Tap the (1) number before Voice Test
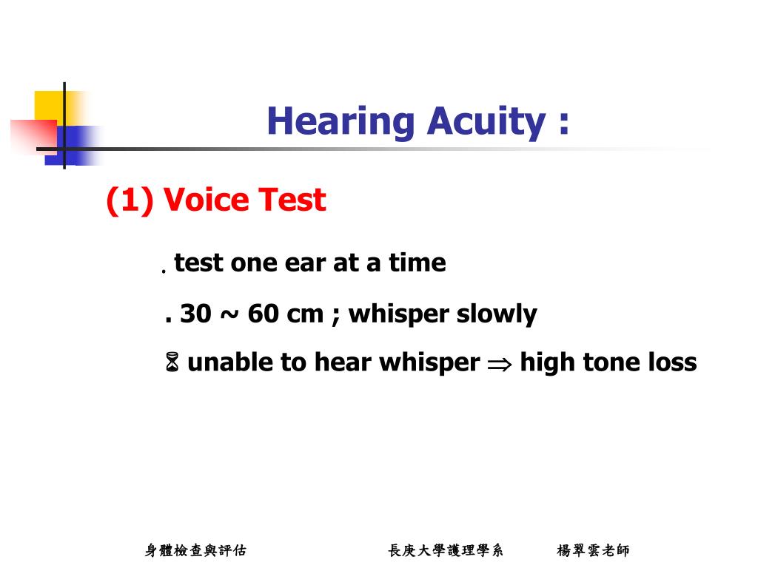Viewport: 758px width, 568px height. click(130, 200)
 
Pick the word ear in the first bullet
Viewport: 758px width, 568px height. click(305, 263)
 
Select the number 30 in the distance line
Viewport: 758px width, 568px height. click(195, 314)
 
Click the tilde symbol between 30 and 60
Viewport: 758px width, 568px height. click(229, 315)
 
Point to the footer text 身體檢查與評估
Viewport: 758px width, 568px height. click(195, 550)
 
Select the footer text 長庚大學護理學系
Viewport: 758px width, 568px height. click(446, 550)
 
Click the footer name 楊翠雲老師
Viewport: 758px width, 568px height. click(593, 550)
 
